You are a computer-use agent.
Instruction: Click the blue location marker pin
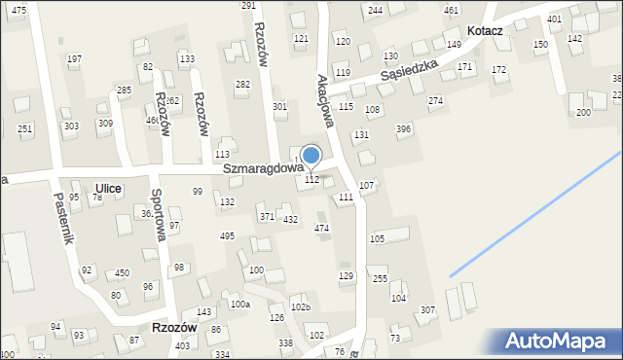(x=311, y=156)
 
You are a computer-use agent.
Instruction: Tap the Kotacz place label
(x=484, y=31)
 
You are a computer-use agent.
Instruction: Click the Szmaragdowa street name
(x=257, y=168)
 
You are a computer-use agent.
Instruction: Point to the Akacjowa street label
(x=327, y=101)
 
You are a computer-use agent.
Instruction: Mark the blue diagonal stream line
(x=535, y=211)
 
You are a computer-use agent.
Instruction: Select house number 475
(x=18, y=9)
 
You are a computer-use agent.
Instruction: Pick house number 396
(x=403, y=129)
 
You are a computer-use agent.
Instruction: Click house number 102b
(x=301, y=307)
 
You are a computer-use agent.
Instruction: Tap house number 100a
(x=239, y=305)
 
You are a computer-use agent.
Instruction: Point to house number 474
(x=321, y=228)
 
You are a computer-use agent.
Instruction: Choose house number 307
(x=426, y=309)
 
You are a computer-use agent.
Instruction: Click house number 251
(x=25, y=129)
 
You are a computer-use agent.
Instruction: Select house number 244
(x=375, y=10)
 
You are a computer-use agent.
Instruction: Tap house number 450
(x=122, y=273)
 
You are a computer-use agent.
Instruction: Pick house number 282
(x=243, y=85)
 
